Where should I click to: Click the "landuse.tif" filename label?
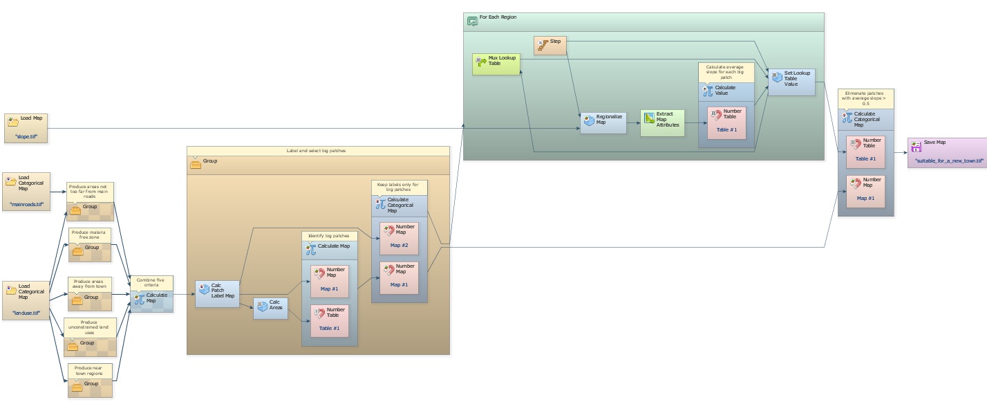[26, 313]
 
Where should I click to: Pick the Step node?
[550, 44]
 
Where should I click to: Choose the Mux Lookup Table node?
[496, 64]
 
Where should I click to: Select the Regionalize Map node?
[603, 122]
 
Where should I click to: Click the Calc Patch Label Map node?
[217, 293]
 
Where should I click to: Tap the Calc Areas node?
[270, 308]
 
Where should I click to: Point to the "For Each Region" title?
[498, 17]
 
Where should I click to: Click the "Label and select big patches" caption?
[318, 150]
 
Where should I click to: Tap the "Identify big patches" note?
[329, 236]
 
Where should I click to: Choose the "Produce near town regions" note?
[89, 370]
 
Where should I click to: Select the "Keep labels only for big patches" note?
[399, 187]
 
